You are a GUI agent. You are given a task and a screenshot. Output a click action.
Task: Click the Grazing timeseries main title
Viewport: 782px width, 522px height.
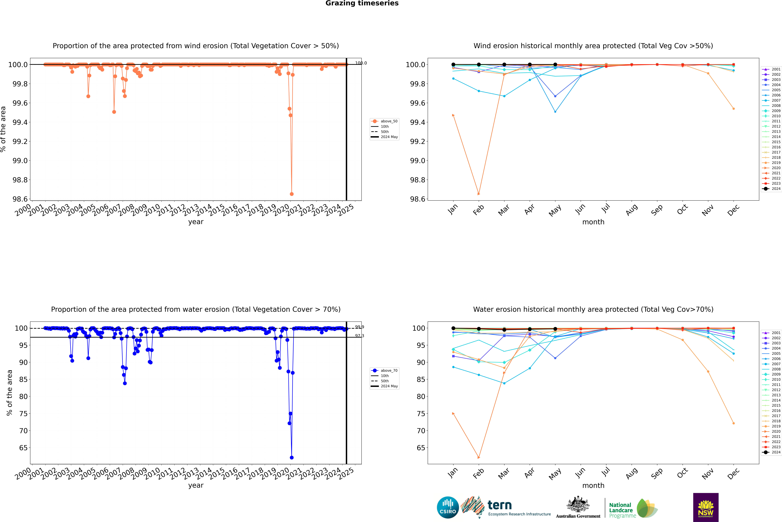point(362,3)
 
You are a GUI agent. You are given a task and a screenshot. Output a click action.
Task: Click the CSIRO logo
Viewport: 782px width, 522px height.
point(448,507)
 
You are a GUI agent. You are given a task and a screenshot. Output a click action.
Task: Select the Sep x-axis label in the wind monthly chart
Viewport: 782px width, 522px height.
point(657,210)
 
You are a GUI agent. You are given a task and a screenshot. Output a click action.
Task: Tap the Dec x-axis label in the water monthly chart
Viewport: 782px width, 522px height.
point(733,473)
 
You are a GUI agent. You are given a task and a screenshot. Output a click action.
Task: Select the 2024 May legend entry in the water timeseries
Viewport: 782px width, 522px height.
point(389,386)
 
